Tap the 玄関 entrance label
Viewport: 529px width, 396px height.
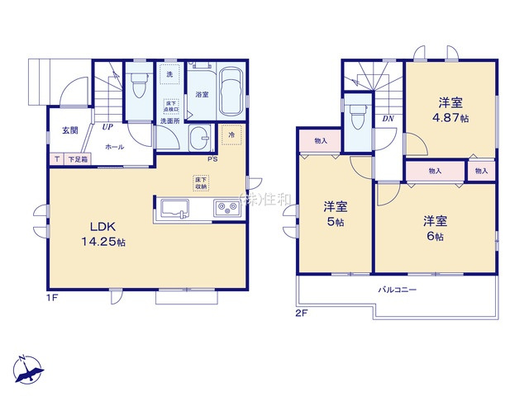[70, 130]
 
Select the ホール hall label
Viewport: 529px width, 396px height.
[114, 147]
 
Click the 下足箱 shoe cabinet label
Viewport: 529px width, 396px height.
[78, 159]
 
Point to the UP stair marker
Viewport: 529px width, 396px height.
[107, 127]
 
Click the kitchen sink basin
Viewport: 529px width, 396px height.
[176, 208]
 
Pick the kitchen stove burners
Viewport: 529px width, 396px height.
[226, 208]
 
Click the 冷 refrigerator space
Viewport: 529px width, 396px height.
[231, 134]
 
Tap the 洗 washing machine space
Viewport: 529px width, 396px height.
[169, 75]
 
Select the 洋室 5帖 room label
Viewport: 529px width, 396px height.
[334, 214]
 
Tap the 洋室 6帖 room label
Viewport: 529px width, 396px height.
[435, 229]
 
